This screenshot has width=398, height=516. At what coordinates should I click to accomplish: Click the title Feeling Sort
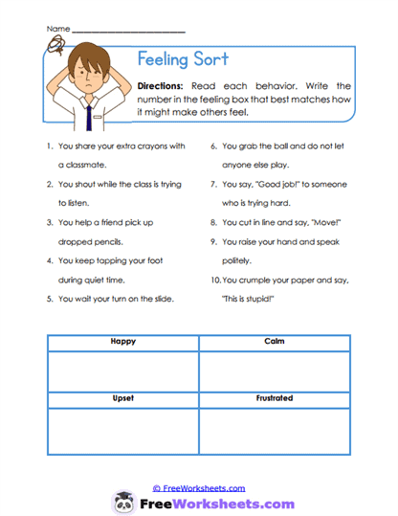coord(183,59)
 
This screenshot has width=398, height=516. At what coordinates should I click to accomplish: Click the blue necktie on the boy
coord(88,117)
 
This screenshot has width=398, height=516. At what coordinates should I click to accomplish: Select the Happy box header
coord(122,342)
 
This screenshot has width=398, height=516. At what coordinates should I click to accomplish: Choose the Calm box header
coord(274,342)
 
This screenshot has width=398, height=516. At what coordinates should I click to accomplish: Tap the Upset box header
coord(122,397)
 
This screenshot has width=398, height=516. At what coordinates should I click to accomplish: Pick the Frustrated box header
coord(274,397)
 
